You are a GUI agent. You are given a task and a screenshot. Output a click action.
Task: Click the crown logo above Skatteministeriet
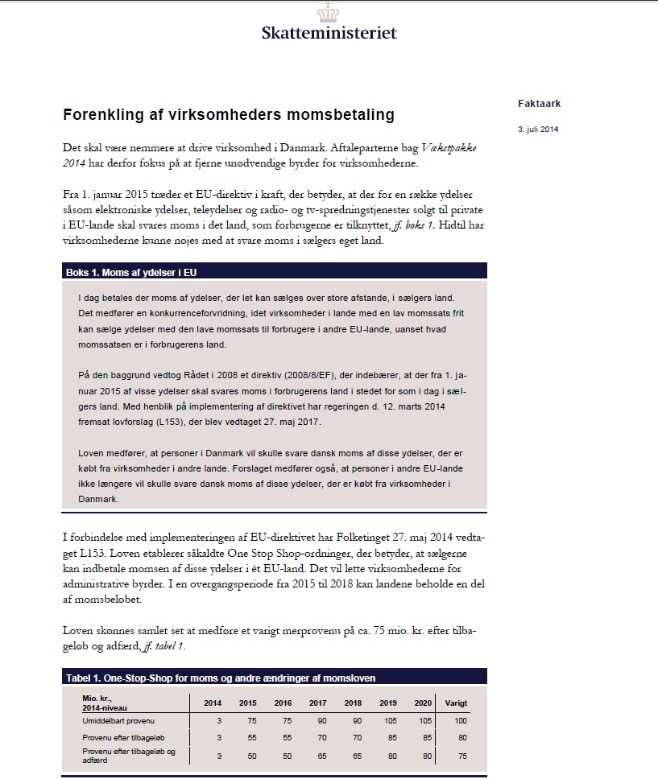click(329, 13)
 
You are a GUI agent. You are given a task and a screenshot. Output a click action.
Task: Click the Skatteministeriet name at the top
click(329, 33)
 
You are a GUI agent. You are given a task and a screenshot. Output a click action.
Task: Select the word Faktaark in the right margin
click(539, 104)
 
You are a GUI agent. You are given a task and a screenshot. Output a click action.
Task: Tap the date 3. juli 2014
click(538, 129)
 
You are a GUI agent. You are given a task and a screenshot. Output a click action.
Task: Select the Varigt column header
click(456, 703)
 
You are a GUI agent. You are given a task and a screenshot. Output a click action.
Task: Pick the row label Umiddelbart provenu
click(118, 719)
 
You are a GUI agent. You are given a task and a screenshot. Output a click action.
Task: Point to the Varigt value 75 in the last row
click(461, 756)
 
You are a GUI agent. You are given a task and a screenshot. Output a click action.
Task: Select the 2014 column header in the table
click(213, 703)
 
